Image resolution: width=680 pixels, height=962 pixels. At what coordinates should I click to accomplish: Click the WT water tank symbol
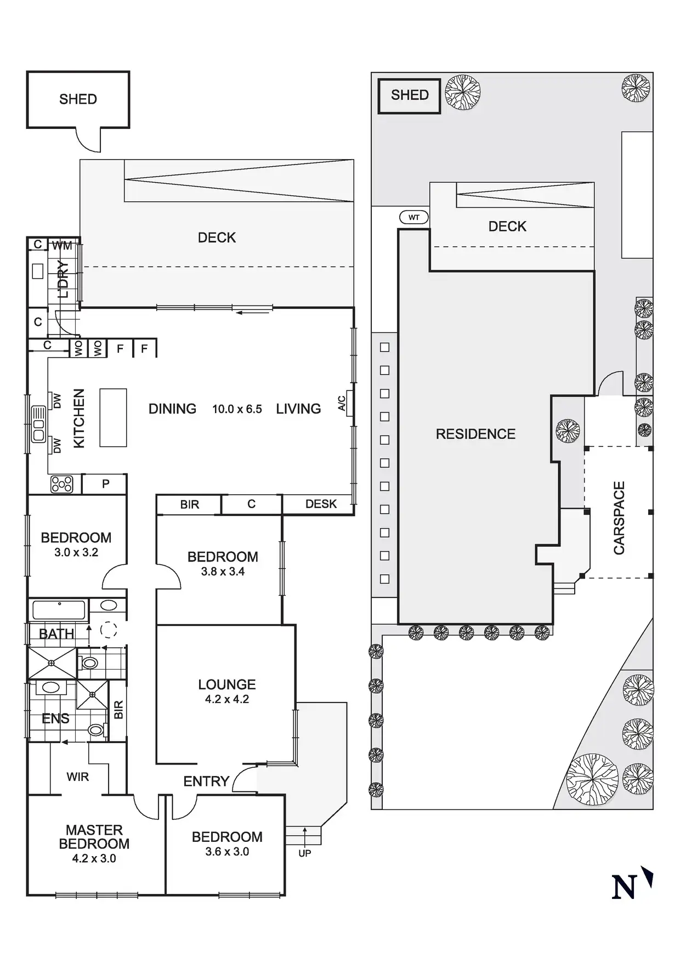413,218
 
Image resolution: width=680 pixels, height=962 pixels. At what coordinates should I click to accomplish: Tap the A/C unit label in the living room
342,404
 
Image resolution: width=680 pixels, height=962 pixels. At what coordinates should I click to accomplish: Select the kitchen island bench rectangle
113,417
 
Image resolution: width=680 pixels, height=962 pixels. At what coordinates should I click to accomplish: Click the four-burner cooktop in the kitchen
61,484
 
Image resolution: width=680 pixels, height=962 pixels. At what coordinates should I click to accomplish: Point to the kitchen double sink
38,424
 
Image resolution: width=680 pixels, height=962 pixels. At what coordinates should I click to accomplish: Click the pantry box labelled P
105,484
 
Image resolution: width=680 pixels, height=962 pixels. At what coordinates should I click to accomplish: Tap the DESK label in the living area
321,504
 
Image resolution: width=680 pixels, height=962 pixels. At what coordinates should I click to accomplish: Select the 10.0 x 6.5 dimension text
237,409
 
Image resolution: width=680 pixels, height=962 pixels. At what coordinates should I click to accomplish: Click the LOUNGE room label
227,684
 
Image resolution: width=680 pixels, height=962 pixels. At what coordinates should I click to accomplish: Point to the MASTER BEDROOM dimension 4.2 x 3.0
94,859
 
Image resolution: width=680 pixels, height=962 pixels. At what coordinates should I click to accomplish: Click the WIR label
77,777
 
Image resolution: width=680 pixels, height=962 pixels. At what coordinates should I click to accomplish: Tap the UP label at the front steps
305,853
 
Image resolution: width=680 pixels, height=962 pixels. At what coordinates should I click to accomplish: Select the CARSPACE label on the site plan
619,518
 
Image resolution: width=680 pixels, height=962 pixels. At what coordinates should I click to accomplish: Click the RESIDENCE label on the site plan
475,434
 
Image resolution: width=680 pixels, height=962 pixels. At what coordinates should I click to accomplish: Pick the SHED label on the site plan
410,95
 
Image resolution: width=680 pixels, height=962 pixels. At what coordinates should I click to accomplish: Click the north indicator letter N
624,886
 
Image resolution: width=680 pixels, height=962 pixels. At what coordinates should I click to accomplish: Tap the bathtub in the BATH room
59,610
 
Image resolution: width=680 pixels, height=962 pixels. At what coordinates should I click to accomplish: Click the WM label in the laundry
62,246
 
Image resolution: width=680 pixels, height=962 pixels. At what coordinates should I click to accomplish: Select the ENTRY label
206,781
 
